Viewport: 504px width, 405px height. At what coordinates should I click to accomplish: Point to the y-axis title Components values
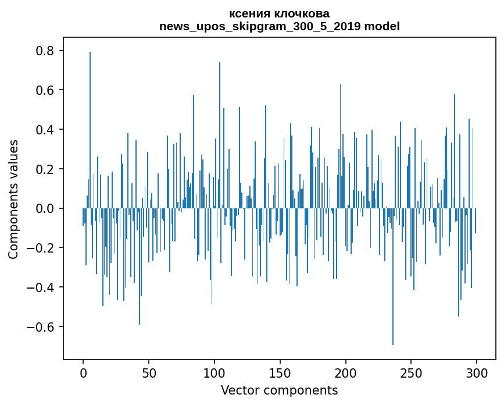[13, 199]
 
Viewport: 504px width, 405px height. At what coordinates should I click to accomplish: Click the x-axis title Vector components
[279, 390]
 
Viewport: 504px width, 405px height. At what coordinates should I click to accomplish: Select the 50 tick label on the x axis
[149, 372]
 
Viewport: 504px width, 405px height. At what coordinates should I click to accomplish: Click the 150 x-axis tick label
[280, 372]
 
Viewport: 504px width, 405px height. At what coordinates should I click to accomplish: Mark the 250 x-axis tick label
[411, 372]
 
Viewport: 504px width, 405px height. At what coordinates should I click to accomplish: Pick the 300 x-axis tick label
[477, 372]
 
